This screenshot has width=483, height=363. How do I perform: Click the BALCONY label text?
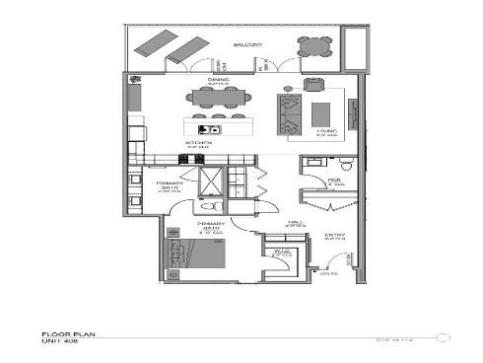point(246,45)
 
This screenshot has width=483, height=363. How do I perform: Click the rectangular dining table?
point(218,97)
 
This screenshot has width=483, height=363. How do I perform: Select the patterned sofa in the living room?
point(288,112)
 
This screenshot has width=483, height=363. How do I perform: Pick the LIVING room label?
point(326,129)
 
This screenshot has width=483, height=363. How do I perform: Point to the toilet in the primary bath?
point(206,208)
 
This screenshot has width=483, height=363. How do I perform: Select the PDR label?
point(334,181)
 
